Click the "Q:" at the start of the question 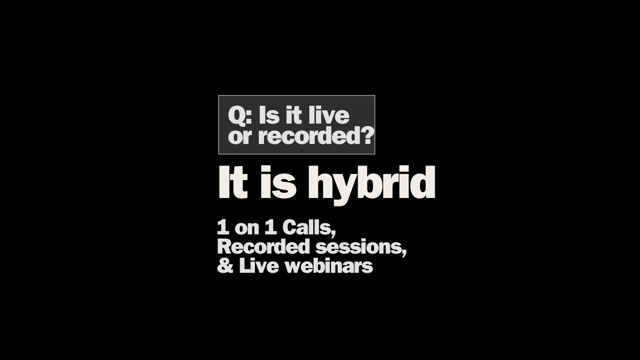point(240,116)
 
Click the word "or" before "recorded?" point(240,137)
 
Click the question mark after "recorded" point(366,136)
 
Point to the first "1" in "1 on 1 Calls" point(223,228)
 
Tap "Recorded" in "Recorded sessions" point(264,246)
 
